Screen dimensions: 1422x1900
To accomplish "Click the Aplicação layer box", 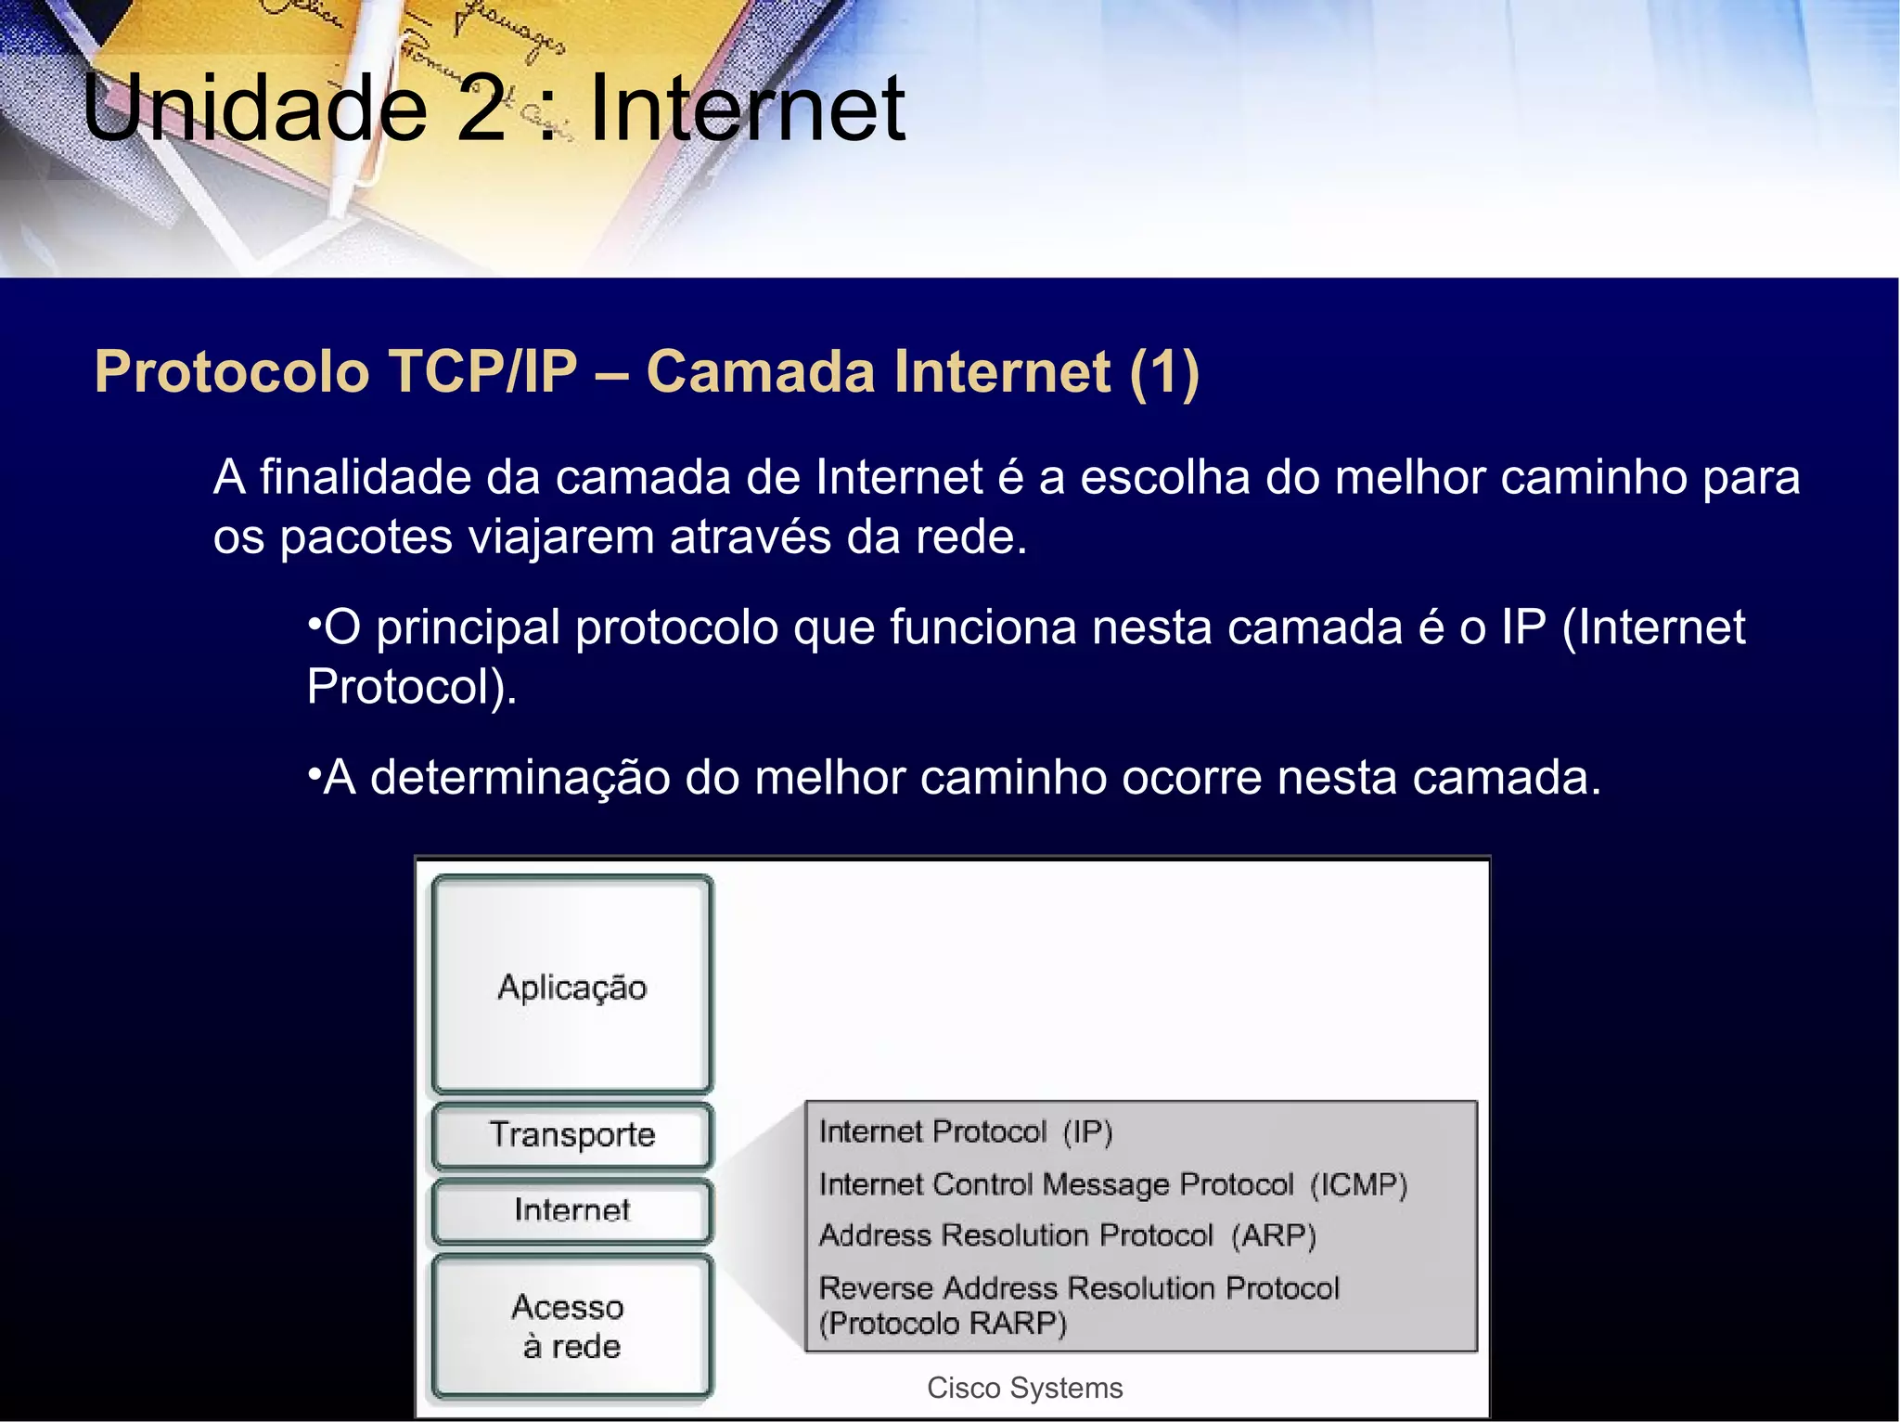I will [571, 984].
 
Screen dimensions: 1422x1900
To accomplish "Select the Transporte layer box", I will [571, 1134].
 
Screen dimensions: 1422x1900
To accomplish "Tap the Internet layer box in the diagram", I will [571, 1209].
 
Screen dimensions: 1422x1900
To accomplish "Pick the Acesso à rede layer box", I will [571, 1325].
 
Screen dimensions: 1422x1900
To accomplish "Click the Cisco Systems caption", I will [1024, 1388].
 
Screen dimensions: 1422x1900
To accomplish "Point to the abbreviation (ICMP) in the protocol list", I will [1358, 1185].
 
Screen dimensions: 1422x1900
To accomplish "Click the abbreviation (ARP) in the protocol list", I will [1274, 1236].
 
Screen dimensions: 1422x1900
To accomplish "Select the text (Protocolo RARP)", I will [943, 1324].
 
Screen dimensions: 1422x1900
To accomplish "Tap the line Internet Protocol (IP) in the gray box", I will [965, 1132].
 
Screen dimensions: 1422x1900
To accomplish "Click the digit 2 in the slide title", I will [481, 110].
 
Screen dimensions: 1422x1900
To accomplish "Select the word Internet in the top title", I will [747, 110].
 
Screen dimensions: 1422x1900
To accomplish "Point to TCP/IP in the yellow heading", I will [482, 372].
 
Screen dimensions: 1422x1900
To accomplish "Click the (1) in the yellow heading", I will [1164, 372].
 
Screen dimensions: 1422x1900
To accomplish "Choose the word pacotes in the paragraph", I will [366, 536].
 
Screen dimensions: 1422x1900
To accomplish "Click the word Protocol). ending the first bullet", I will [412, 687].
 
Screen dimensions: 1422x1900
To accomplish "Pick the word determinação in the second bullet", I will [520, 778].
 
